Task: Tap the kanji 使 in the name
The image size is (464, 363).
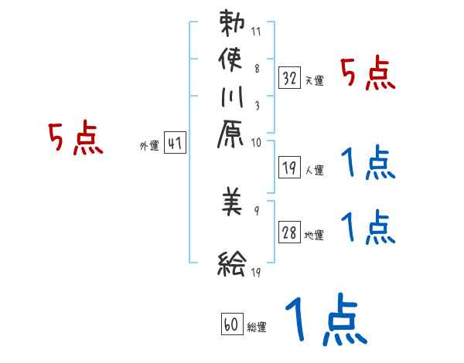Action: tap(232, 60)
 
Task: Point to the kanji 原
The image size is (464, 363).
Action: tap(232, 140)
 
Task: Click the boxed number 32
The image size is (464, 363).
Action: tap(290, 77)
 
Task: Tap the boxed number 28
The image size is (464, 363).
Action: tap(290, 232)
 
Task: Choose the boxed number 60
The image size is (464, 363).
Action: tap(231, 324)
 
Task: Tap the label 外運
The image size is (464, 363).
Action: tap(149, 144)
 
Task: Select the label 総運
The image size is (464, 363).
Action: tap(256, 327)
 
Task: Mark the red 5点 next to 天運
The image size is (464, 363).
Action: tap(368, 74)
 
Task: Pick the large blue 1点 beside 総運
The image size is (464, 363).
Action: tap(324, 319)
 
